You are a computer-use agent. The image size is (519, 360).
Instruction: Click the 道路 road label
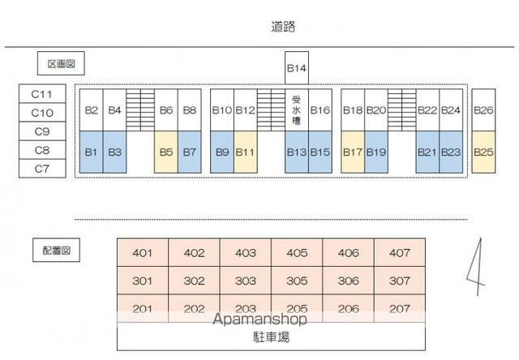pyautogui.click(x=283, y=27)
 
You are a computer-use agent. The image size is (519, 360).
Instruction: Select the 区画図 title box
pyautogui.click(x=61, y=63)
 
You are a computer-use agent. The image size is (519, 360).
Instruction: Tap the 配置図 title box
pyautogui.click(x=56, y=251)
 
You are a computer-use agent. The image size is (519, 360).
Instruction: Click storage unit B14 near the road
pyautogui.click(x=297, y=68)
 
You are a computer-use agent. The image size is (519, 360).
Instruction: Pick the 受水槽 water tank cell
pyautogui.click(x=297, y=109)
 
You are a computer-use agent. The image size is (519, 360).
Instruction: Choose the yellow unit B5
pyautogui.click(x=166, y=152)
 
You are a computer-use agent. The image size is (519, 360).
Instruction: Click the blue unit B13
pyautogui.click(x=297, y=152)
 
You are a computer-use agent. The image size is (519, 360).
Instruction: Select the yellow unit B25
pyautogui.click(x=483, y=152)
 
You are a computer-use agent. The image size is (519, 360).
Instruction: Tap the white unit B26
pyautogui.click(x=483, y=109)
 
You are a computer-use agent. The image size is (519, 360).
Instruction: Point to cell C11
pyautogui.click(x=42, y=94)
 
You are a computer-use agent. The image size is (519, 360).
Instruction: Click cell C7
pyautogui.click(x=42, y=169)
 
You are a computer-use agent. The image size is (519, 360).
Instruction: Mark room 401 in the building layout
pyautogui.click(x=143, y=253)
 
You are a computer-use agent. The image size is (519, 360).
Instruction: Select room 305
pyautogui.click(x=297, y=281)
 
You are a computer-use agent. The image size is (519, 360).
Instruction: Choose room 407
pyautogui.click(x=400, y=253)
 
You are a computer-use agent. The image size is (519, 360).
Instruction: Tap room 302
pyautogui.click(x=194, y=281)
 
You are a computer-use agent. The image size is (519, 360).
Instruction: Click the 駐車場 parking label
pyautogui.click(x=271, y=337)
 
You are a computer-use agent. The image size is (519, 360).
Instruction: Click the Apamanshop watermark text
pyautogui.click(x=259, y=319)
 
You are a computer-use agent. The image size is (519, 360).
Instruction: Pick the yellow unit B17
pyautogui.click(x=353, y=152)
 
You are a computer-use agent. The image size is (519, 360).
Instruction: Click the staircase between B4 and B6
pyautogui.click(x=140, y=109)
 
